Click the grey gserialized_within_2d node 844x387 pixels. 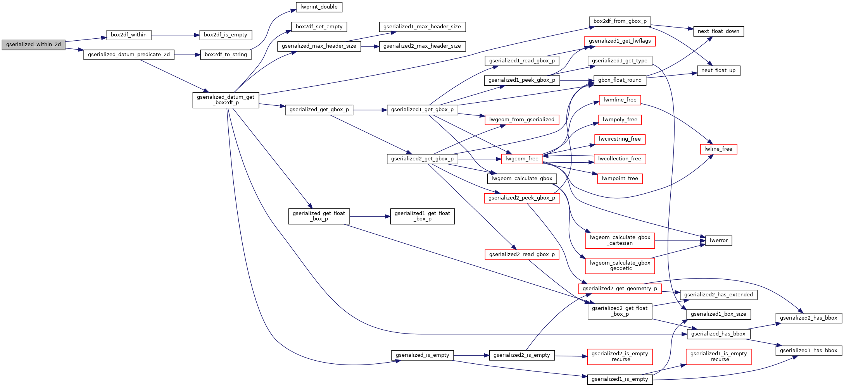click(x=33, y=45)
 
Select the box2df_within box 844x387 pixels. click(x=129, y=35)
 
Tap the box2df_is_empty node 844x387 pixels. click(x=225, y=35)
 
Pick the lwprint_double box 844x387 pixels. click(x=319, y=7)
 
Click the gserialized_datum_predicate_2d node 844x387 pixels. click(x=129, y=55)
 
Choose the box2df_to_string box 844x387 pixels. click(x=226, y=55)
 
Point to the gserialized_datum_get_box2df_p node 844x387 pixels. click(x=226, y=100)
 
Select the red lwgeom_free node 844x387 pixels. click(x=522, y=159)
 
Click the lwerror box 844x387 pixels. click(x=718, y=241)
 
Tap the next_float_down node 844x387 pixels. click(x=718, y=31)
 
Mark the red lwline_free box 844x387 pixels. click(x=718, y=149)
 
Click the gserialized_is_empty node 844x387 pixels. click(x=422, y=355)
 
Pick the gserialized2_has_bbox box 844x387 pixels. click(x=808, y=318)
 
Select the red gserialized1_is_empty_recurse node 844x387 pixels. click(x=718, y=356)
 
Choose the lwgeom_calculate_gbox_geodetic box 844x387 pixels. click(x=620, y=266)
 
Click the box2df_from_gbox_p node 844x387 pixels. click(x=620, y=21)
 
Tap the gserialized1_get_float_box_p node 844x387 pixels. click(x=422, y=216)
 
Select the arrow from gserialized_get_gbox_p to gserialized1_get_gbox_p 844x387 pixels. click(x=370, y=110)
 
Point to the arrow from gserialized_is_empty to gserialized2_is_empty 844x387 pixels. click(x=471, y=355)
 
